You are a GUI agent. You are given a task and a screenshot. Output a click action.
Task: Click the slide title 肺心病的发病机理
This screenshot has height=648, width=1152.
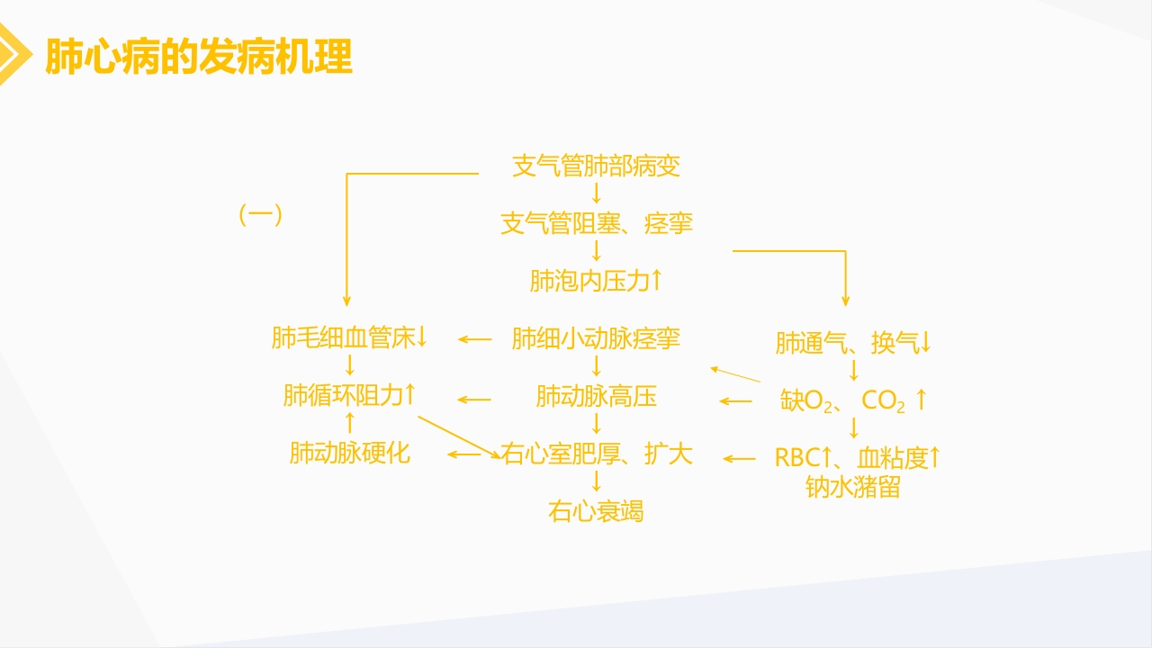(x=198, y=56)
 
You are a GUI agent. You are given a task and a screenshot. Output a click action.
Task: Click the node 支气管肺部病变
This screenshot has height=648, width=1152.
(x=596, y=166)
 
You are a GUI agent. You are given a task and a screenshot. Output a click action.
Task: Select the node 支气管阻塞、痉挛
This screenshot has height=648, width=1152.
(x=597, y=223)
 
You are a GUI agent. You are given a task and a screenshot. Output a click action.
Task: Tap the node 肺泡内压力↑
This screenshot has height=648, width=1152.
(x=596, y=281)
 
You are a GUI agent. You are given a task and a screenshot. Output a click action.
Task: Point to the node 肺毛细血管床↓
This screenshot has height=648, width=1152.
(x=349, y=338)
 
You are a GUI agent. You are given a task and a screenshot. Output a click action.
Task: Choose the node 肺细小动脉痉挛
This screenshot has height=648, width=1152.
(x=596, y=338)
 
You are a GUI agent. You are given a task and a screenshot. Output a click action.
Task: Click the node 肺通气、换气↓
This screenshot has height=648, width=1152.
(x=853, y=343)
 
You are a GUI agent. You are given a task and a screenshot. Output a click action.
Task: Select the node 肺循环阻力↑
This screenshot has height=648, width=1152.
(x=349, y=395)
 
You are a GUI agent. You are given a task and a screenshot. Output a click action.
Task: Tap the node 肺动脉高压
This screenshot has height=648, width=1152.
(x=596, y=396)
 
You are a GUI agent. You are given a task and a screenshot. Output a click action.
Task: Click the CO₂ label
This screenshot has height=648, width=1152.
(x=884, y=400)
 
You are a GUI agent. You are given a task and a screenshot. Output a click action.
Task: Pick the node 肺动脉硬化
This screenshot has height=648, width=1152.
(x=349, y=453)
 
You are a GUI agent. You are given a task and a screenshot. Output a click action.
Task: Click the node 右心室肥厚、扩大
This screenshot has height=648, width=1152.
(x=597, y=453)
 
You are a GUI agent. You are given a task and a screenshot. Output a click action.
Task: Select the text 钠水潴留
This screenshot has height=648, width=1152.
(x=852, y=488)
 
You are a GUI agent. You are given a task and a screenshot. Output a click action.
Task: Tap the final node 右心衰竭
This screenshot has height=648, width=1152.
(x=596, y=511)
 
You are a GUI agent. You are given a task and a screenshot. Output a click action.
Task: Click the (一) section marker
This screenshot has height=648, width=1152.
(x=261, y=215)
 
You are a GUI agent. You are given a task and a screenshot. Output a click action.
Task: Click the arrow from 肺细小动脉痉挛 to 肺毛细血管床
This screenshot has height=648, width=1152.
(x=475, y=339)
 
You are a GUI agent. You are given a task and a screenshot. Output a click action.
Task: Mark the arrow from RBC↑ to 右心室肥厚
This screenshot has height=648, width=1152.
(x=740, y=459)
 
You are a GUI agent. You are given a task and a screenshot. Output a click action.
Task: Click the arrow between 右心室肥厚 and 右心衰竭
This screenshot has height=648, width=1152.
(x=596, y=481)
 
